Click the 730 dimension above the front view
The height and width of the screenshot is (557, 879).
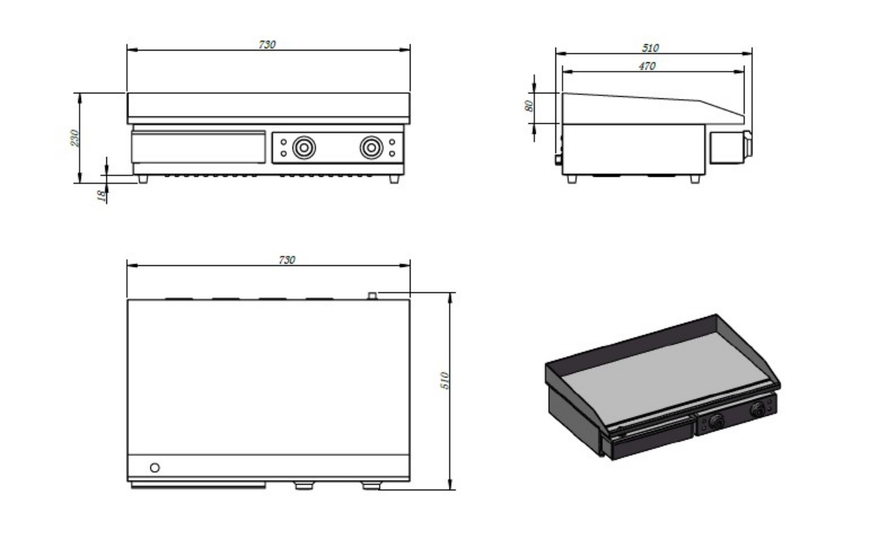267,45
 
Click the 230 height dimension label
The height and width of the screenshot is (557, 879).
75,138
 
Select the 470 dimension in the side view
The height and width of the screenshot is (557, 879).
647,66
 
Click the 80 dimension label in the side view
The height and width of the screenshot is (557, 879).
529,106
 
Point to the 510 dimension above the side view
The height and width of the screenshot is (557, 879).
650,48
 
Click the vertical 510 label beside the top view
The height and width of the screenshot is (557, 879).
445,380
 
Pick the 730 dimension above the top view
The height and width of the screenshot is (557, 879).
287,260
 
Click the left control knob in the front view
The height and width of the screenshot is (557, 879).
304,148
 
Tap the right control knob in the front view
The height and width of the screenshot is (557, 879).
371,148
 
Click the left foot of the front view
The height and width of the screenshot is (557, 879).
142,179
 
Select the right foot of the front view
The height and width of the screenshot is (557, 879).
394,179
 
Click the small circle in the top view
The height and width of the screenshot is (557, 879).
155,468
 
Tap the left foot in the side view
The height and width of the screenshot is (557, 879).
571,179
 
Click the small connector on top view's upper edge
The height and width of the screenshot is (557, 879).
372,296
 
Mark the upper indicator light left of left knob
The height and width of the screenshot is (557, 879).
283,142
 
